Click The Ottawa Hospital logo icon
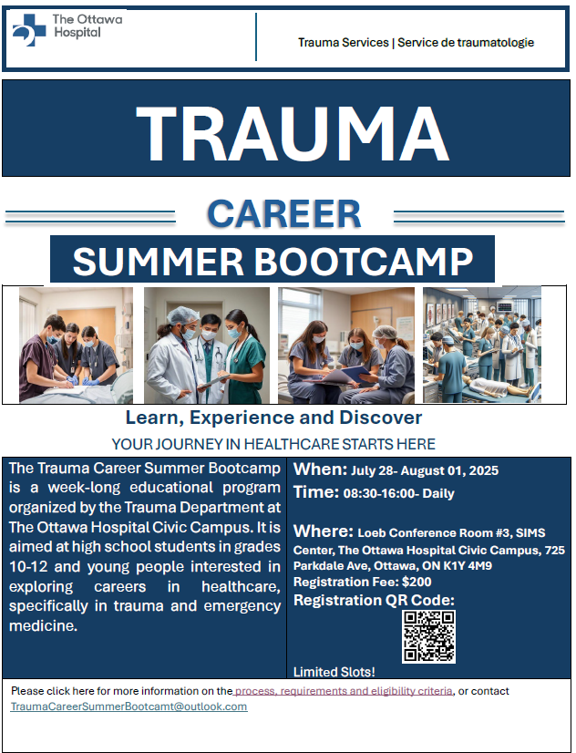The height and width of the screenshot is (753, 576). tap(28, 30)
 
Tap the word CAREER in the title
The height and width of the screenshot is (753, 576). tap(283, 213)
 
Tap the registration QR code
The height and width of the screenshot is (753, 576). tap(428, 635)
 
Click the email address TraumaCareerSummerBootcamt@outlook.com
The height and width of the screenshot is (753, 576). tap(129, 707)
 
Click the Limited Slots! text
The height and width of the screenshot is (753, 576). tap(334, 672)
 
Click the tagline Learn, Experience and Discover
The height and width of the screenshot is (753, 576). tap(273, 418)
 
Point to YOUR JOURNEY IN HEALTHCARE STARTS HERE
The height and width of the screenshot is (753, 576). tap(273, 444)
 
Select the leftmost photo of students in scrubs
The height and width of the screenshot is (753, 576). tap(76, 345)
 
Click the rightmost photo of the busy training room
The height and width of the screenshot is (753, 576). tap(480, 345)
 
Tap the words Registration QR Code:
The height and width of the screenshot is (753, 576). tap(373, 600)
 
